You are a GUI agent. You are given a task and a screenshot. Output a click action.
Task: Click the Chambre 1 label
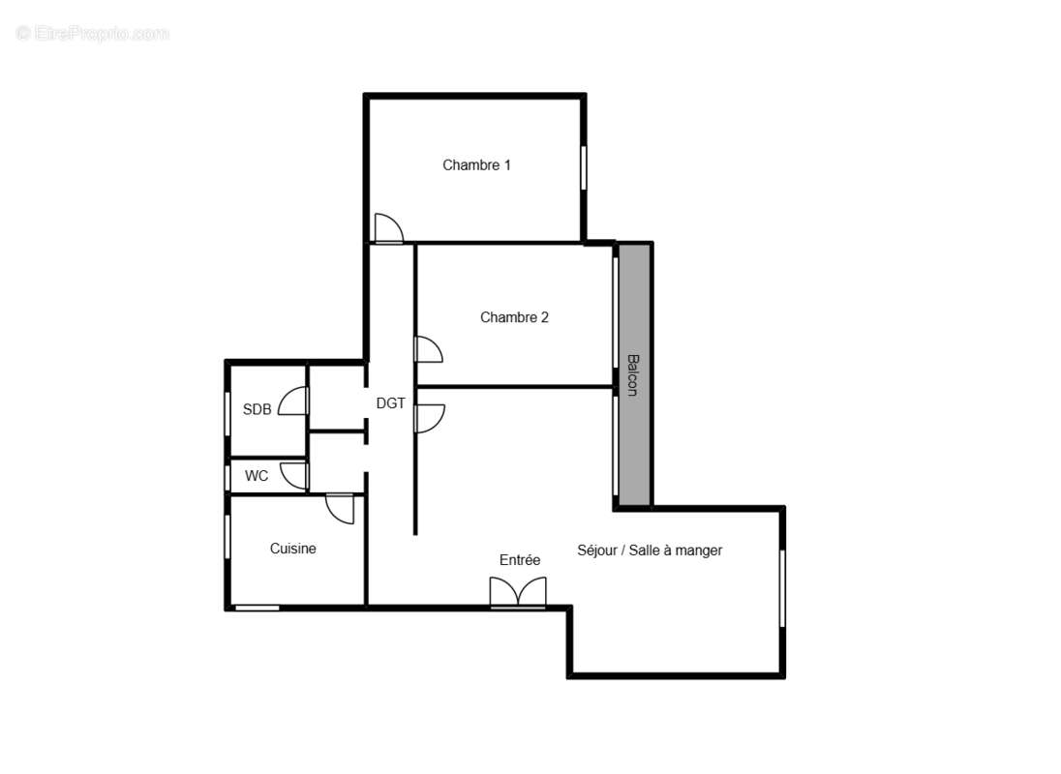point(476,165)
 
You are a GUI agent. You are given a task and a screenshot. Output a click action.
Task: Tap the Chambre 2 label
point(514,317)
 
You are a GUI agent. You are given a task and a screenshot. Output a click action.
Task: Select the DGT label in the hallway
point(390,403)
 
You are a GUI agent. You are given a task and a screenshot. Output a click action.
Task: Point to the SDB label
point(257,409)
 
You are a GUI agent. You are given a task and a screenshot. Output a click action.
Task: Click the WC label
point(257,476)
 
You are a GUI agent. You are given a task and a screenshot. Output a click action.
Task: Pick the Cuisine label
point(292,549)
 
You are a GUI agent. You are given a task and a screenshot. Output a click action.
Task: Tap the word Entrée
point(520,560)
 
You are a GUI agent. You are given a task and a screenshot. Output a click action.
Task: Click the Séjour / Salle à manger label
point(650,551)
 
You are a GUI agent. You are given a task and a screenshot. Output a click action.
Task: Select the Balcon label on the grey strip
point(632,374)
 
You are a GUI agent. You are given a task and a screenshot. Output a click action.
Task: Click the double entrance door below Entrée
point(518,592)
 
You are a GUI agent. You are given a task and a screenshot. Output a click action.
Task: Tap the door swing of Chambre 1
point(388,228)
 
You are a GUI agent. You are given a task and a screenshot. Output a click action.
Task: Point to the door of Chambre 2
point(427,349)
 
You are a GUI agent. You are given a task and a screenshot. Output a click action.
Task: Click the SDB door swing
point(293,402)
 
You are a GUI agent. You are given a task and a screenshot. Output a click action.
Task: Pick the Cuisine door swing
point(341,509)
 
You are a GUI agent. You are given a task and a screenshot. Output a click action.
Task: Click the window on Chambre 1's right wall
point(584,167)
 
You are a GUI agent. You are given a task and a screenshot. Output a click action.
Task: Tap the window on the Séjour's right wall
point(782,589)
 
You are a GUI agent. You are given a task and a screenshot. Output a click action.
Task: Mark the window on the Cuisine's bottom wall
point(257,608)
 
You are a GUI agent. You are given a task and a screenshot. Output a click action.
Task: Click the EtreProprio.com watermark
point(93,34)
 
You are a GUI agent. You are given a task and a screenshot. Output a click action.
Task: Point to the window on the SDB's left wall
point(227,409)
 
